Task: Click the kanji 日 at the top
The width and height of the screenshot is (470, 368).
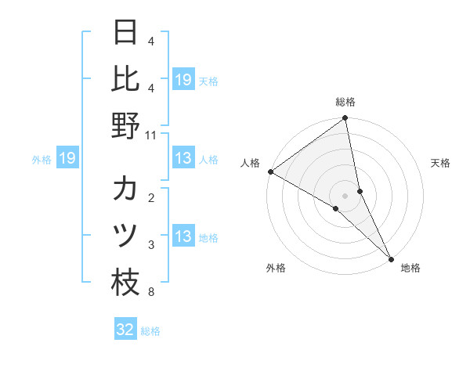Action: point(125,33)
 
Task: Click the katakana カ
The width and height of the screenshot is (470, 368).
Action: point(125,189)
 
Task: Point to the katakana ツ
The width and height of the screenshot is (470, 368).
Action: point(125,236)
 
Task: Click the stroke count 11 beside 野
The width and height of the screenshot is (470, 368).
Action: point(150,135)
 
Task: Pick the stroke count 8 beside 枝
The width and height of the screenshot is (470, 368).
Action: point(150,293)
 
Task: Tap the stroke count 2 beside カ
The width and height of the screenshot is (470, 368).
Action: point(150,197)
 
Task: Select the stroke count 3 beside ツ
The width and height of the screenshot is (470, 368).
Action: point(150,245)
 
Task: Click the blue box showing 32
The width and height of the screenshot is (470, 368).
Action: point(125,330)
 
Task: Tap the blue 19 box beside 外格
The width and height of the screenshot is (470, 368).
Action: point(67,159)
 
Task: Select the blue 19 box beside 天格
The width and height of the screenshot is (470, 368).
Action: point(183,79)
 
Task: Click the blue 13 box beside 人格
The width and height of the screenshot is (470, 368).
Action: point(183,159)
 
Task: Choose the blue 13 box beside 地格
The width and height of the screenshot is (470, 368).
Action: point(183,236)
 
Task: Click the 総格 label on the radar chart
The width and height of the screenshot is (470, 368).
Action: point(345,102)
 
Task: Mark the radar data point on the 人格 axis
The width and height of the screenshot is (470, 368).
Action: point(270,171)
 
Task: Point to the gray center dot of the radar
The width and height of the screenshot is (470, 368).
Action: point(345,195)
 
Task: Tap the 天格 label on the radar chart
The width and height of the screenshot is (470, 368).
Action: point(440,163)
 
